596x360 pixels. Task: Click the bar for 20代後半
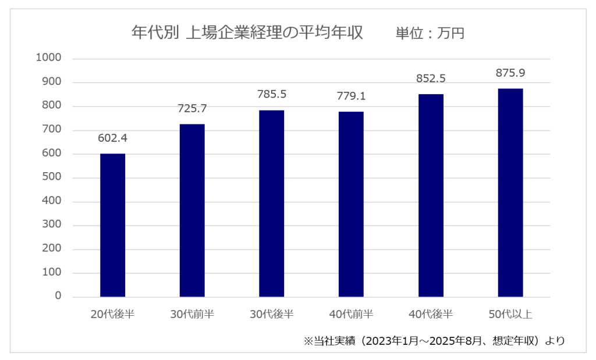pos(112,225)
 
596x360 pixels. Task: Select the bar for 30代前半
pos(192,211)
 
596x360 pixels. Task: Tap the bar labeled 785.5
pos(272,204)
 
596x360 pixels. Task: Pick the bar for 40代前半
pos(351,204)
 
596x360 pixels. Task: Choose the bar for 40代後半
pos(431,195)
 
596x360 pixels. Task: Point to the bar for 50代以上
pos(510,193)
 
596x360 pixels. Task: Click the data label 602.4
pos(112,138)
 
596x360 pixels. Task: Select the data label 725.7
pos(192,109)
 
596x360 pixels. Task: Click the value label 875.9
pos(510,73)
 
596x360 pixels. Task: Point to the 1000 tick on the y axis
pos(48,58)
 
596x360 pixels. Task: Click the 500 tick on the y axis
pos(51,177)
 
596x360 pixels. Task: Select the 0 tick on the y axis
pos(58,297)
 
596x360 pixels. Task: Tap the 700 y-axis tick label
pos(51,130)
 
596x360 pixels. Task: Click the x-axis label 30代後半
pos(272,315)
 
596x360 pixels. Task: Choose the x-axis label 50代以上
pos(510,315)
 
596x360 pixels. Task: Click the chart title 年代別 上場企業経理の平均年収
pos(247,33)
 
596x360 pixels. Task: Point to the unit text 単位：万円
pos(430,33)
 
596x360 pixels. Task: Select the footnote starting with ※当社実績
pos(434,341)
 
